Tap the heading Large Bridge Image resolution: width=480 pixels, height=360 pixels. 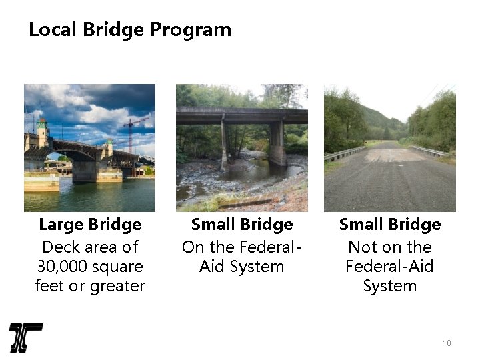tap(90, 225)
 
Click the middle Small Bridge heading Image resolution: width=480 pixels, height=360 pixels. tap(242, 225)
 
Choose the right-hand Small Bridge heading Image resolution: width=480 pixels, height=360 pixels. tap(390, 225)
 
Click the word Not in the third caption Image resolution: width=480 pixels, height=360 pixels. tap(362, 247)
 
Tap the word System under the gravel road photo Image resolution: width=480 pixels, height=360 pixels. tap(390, 286)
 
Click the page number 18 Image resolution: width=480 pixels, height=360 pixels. tap(447, 343)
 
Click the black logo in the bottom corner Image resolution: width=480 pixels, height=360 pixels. tap(26, 337)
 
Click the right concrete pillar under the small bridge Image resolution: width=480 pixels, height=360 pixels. tap(277, 144)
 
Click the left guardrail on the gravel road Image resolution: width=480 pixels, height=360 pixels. tap(344, 154)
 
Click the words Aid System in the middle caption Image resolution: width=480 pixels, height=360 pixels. tap(242, 267)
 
